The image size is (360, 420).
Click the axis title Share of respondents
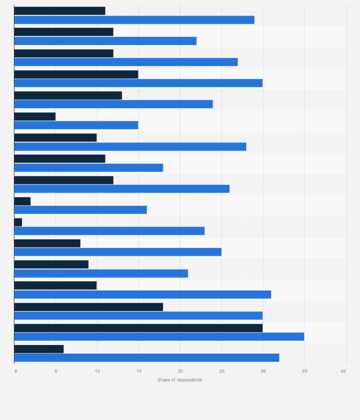click(180, 380)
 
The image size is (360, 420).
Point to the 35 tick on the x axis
click(304, 371)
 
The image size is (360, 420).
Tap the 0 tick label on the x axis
click(15, 371)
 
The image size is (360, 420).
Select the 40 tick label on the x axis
click(344, 371)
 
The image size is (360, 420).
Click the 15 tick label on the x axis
click(138, 371)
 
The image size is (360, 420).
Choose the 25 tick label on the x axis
click(222, 371)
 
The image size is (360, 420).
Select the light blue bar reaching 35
click(159, 337)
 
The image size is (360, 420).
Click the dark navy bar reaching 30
click(138, 328)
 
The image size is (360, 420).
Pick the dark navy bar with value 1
click(18, 222)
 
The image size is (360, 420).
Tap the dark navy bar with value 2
click(22, 201)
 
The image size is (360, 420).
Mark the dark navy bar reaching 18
click(89, 307)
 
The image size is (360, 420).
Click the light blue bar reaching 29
click(134, 20)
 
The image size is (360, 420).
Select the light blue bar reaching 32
click(147, 358)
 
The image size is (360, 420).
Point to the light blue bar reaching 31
click(143, 294)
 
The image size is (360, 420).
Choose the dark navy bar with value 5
click(35, 117)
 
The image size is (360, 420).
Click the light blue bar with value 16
click(81, 210)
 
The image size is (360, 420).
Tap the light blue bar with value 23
click(109, 231)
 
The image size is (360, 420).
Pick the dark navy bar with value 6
click(39, 349)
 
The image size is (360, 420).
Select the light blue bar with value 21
click(101, 273)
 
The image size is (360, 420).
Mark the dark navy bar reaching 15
click(76, 74)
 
